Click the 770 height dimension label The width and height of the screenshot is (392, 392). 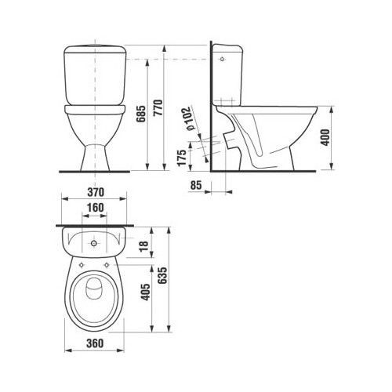[x=158, y=107]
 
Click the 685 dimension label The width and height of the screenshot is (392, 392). [x=141, y=114]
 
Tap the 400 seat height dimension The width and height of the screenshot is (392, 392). [x=325, y=137]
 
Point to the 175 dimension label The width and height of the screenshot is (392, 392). [x=182, y=158]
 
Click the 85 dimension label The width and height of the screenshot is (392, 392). [x=196, y=185]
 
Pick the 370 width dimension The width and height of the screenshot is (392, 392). [x=96, y=192]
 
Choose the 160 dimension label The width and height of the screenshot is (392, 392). [x=95, y=208]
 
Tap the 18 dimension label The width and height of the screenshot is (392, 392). [x=143, y=246]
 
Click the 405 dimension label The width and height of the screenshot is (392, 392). [x=146, y=292]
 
